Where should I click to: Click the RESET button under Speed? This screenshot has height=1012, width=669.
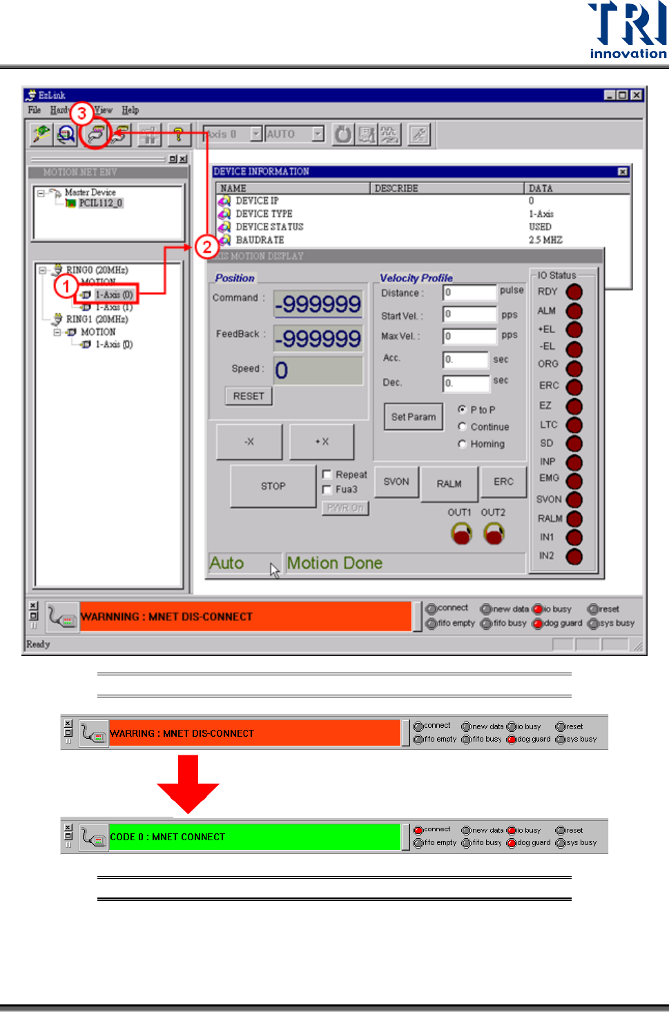tap(249, 396)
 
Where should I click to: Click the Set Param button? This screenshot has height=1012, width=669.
tap(413, 417)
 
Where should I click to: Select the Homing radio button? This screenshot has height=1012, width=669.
tap(463, 444)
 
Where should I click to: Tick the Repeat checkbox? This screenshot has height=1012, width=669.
tap(327, 475)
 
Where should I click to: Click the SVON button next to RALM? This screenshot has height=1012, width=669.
tap(396, 482)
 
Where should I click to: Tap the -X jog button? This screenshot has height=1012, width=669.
tap(249, 441)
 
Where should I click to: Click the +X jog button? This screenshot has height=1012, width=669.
tap(322, 441)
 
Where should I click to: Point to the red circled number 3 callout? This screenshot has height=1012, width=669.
tap(81, 113)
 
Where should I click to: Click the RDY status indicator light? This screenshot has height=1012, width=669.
tap(574, 292)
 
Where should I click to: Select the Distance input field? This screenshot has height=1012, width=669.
tap(469, 293)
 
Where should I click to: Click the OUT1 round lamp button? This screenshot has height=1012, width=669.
tap(461, 533)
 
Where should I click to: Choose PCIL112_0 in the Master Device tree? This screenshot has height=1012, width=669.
tap(100, 204)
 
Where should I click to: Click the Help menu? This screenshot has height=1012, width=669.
tap(130, 110)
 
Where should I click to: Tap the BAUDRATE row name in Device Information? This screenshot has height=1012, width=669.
tap(260, 240)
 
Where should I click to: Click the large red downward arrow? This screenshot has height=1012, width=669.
tap(188, 783)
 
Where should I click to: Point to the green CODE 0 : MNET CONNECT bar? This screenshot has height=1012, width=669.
tap(254, 837)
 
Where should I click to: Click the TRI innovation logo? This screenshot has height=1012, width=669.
tap(627, 31)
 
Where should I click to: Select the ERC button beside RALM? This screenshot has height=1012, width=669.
tap(503, 482)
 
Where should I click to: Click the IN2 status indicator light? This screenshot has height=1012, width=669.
tap(574, 556)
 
